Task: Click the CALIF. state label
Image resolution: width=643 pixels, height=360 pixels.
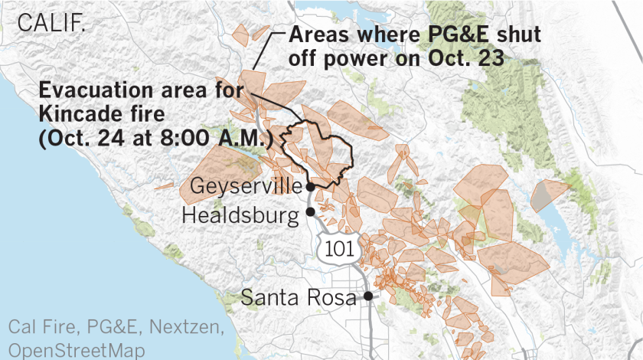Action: tap(51, 22)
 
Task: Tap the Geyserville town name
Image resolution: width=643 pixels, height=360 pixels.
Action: tap(244, 187)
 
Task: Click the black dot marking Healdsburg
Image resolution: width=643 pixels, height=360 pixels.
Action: tap(310, 212)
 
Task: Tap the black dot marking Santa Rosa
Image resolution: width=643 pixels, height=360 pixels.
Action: tap(368, 296)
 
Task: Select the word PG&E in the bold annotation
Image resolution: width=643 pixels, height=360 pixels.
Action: tap(447, 35)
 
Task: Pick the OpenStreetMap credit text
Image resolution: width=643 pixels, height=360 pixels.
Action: tap(77, 350)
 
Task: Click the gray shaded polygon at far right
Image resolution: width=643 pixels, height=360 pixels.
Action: tap(545, 196)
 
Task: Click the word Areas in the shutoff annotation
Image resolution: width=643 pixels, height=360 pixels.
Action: tap(317, 35)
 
